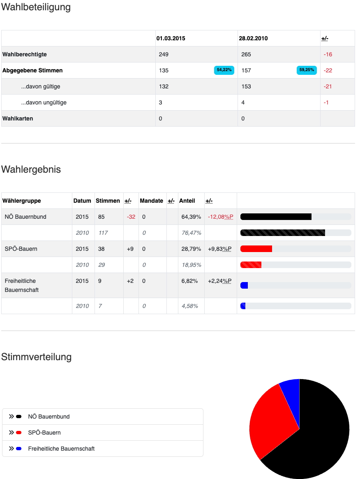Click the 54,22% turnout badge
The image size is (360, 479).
pos(224,70)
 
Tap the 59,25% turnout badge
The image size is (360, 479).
pos(307,70)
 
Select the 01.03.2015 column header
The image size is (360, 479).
pos(171,38)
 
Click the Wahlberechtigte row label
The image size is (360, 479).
pos(25,54)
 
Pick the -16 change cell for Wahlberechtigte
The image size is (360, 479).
pos(328,54)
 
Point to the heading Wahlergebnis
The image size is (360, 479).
pos(31,169)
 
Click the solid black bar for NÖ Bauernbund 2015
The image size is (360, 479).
pos(276,217)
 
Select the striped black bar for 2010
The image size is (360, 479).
pos(282,233)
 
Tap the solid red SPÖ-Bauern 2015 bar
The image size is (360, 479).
pos(256,249)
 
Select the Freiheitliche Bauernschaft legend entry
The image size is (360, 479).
pos(61,449)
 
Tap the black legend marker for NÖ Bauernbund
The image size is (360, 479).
pos(18,417)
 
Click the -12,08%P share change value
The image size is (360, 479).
pos(220,217)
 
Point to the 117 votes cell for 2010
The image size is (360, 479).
pos(103,233)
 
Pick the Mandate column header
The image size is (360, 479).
pos(151,201)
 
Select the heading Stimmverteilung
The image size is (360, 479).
pos(36,357)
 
